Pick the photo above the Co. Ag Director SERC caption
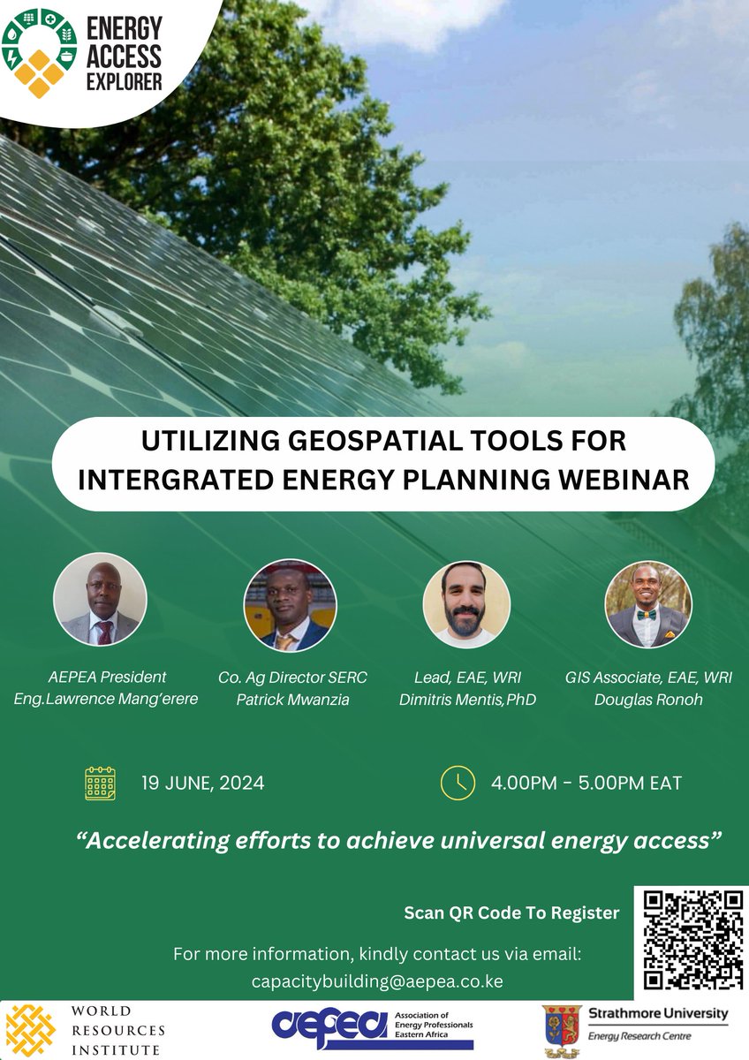(x=290, y=605)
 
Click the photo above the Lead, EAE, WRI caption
(x=466, y=603)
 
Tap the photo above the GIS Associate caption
(x=647, y=605)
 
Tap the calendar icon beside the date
(x=100, y=784)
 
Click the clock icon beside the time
(x=458, y=783)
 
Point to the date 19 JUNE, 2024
(x=202, y=784)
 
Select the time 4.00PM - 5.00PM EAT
(x=586, y=784)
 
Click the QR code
(x=692, y=939)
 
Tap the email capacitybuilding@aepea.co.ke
(x=377, y=982)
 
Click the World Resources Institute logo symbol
(x=32, y=1030)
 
